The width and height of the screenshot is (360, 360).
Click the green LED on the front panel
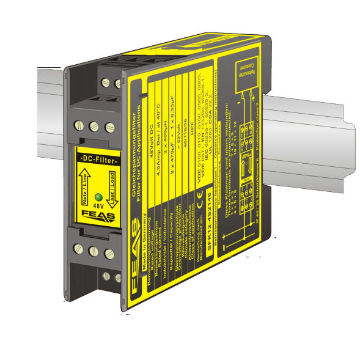coord(98,197)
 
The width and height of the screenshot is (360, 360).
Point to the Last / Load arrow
coord(112,186)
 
